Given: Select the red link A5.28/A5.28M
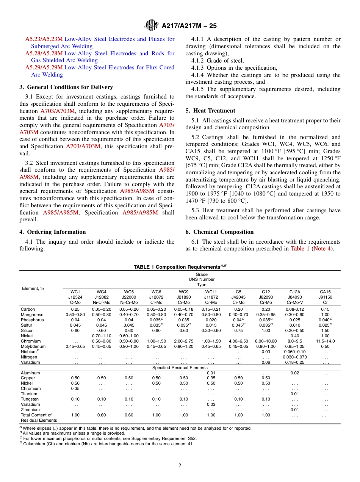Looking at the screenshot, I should tap(44, 53).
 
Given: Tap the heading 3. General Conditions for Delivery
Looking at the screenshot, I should tap(66, 87).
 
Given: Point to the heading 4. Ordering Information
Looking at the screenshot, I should tap(53, 232).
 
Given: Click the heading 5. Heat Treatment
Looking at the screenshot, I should tap(210, 111).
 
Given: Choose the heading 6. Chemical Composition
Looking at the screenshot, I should tap(219, 232).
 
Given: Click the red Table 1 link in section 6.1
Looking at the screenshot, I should tap(300, 249).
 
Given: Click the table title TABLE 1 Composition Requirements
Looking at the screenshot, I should tap(180, 267).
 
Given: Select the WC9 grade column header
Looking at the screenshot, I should tap(183, 292).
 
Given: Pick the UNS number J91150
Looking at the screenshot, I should tap(325, 297).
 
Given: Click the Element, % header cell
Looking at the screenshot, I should tap(33, 288).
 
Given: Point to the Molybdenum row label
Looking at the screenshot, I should tap(33, 346).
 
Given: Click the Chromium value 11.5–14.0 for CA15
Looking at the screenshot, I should tap(325, 341).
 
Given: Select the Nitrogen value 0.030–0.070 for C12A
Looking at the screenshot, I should tap(295, 357).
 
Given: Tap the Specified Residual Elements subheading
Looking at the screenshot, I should tap(180, 368).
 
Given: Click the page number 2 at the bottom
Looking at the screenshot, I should tap(180, 465).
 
